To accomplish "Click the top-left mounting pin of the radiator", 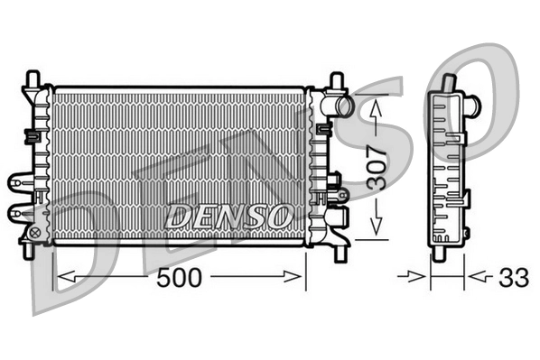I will (33, 78).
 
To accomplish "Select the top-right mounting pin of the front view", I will (336, 80).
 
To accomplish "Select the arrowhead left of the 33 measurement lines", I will (422, 276).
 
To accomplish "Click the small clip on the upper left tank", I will (30, 135).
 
